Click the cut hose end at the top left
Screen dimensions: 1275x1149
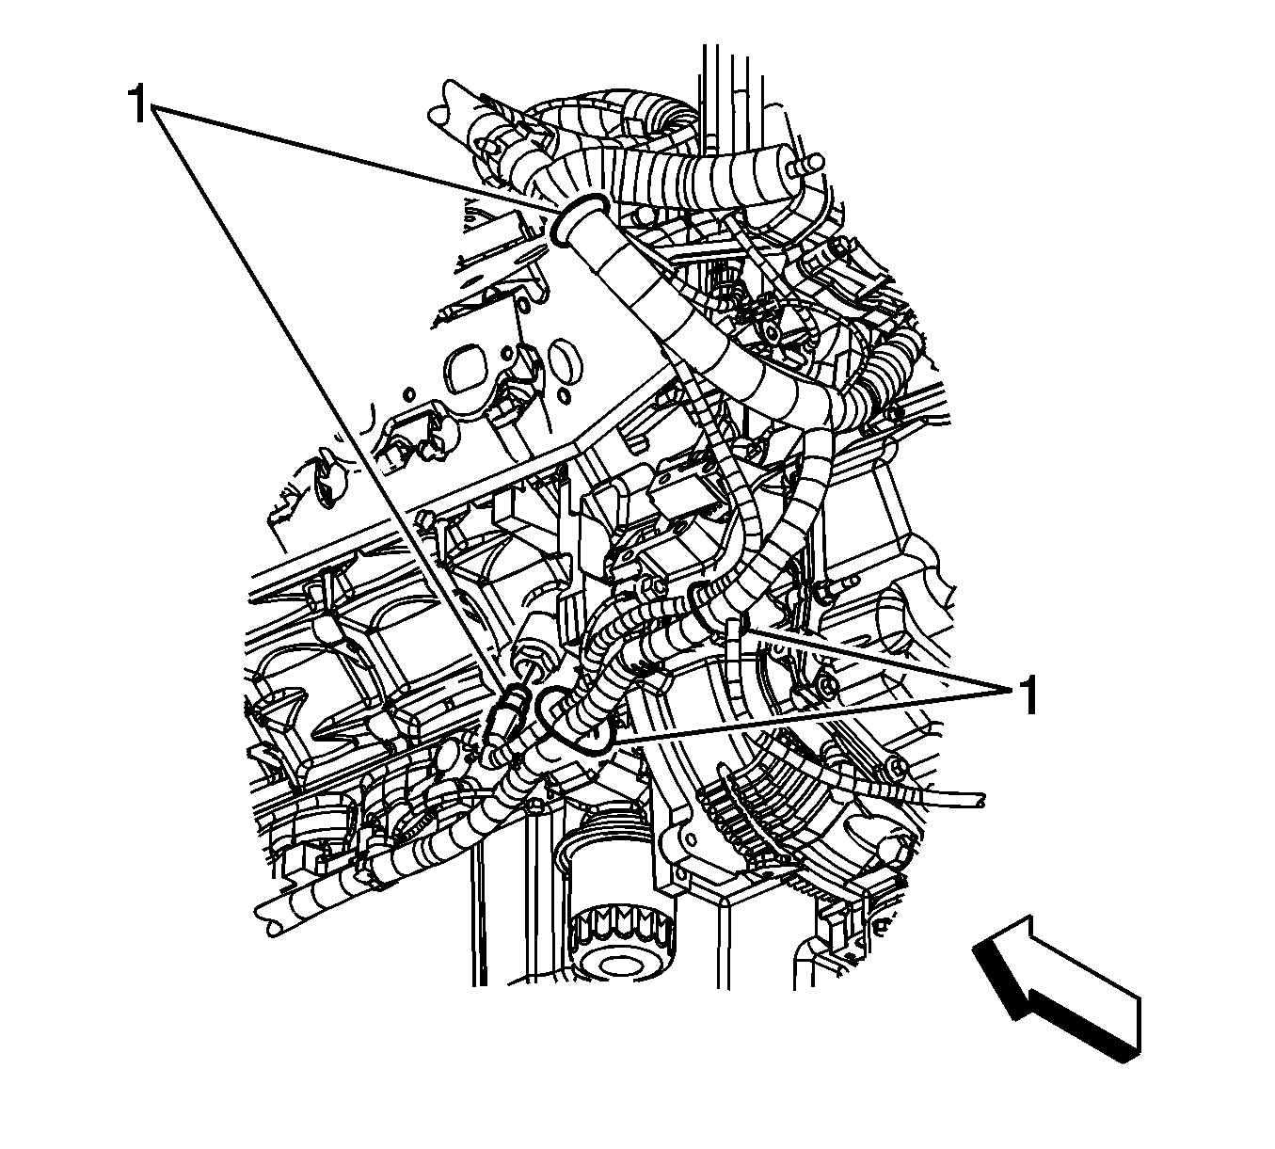pyautogui.click(x=440, y=104)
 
